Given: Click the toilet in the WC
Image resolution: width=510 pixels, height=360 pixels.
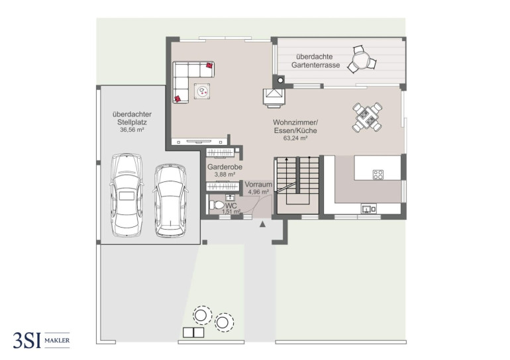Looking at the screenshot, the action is tap(217, 205).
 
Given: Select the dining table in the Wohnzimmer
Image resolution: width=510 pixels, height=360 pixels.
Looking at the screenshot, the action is tap(367, 117).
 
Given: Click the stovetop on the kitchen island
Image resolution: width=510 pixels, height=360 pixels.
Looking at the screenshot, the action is tap(378, 175).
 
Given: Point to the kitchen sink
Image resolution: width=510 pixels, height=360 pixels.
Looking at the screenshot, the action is tap(368, 208).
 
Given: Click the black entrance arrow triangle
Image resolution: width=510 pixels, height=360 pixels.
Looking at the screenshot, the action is tap(262, 224).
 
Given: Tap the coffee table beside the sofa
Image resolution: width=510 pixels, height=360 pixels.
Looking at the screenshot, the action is tap(202, 91).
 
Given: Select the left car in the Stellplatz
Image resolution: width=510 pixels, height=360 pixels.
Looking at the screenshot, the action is tap(127, 195).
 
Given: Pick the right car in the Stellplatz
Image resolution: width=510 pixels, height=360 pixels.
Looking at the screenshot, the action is tap(170, 201).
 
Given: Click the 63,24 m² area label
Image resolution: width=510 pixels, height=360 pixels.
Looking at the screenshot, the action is tap(295, 138).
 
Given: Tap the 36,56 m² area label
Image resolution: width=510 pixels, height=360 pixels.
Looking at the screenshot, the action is tap(132, 130).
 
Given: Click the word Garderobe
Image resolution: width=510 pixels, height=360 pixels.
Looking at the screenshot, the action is tap(225, 167).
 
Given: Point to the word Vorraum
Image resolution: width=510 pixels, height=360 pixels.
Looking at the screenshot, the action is tap(258, 185).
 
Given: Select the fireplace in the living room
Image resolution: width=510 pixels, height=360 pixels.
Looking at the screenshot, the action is tap(274, 98).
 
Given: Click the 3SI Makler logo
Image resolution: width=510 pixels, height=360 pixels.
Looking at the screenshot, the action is tap(41, 340).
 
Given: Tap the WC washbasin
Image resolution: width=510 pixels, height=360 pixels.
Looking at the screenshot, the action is tap(230, 198).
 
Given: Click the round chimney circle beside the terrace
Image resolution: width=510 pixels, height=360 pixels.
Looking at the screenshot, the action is tap(280, 80).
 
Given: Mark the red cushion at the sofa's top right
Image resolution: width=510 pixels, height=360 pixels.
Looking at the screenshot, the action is tap(210, 66).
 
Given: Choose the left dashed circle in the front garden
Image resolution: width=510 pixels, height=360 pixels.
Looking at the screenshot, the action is tap(202, 315).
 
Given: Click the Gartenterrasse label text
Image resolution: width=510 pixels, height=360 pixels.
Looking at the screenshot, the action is tap(315, 61).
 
